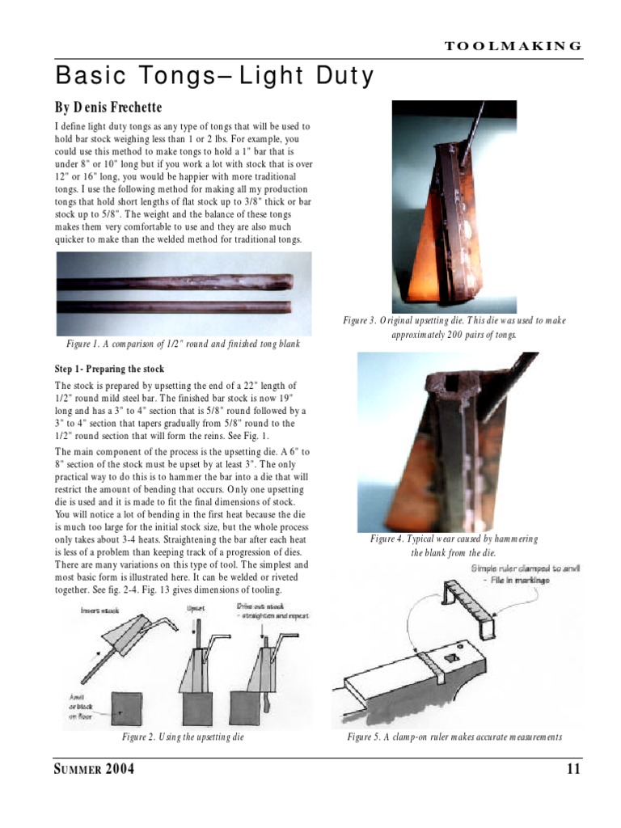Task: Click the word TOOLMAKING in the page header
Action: (513, 46)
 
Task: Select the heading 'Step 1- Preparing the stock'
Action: (109, 369)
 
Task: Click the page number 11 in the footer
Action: (573, 769)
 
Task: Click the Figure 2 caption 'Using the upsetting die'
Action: (183, 737)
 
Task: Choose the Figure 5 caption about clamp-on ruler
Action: (454, 737)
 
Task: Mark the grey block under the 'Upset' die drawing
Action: (199, 708)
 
